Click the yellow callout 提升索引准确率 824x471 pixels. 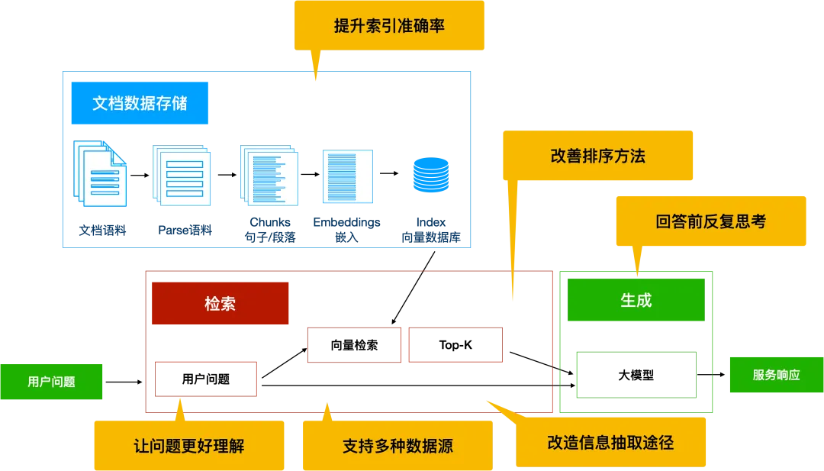[390, 26]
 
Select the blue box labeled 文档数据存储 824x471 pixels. [140, 103]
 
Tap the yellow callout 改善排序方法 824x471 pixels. [597, 156]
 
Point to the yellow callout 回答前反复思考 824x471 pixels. [710, 221]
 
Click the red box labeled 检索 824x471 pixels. [220, 304]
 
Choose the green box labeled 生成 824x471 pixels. [636, 300]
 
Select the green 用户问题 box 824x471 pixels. [51, 382]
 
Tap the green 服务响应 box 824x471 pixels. [775, 375]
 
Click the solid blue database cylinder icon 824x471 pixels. [431, 175]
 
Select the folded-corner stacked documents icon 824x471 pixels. [101, 174]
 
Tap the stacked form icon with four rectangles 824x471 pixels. [183, 176]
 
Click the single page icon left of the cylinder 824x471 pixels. [347, 176]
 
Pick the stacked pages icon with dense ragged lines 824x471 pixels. [269, 175]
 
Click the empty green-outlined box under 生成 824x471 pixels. [636, 375]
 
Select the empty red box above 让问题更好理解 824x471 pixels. [204, 379]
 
